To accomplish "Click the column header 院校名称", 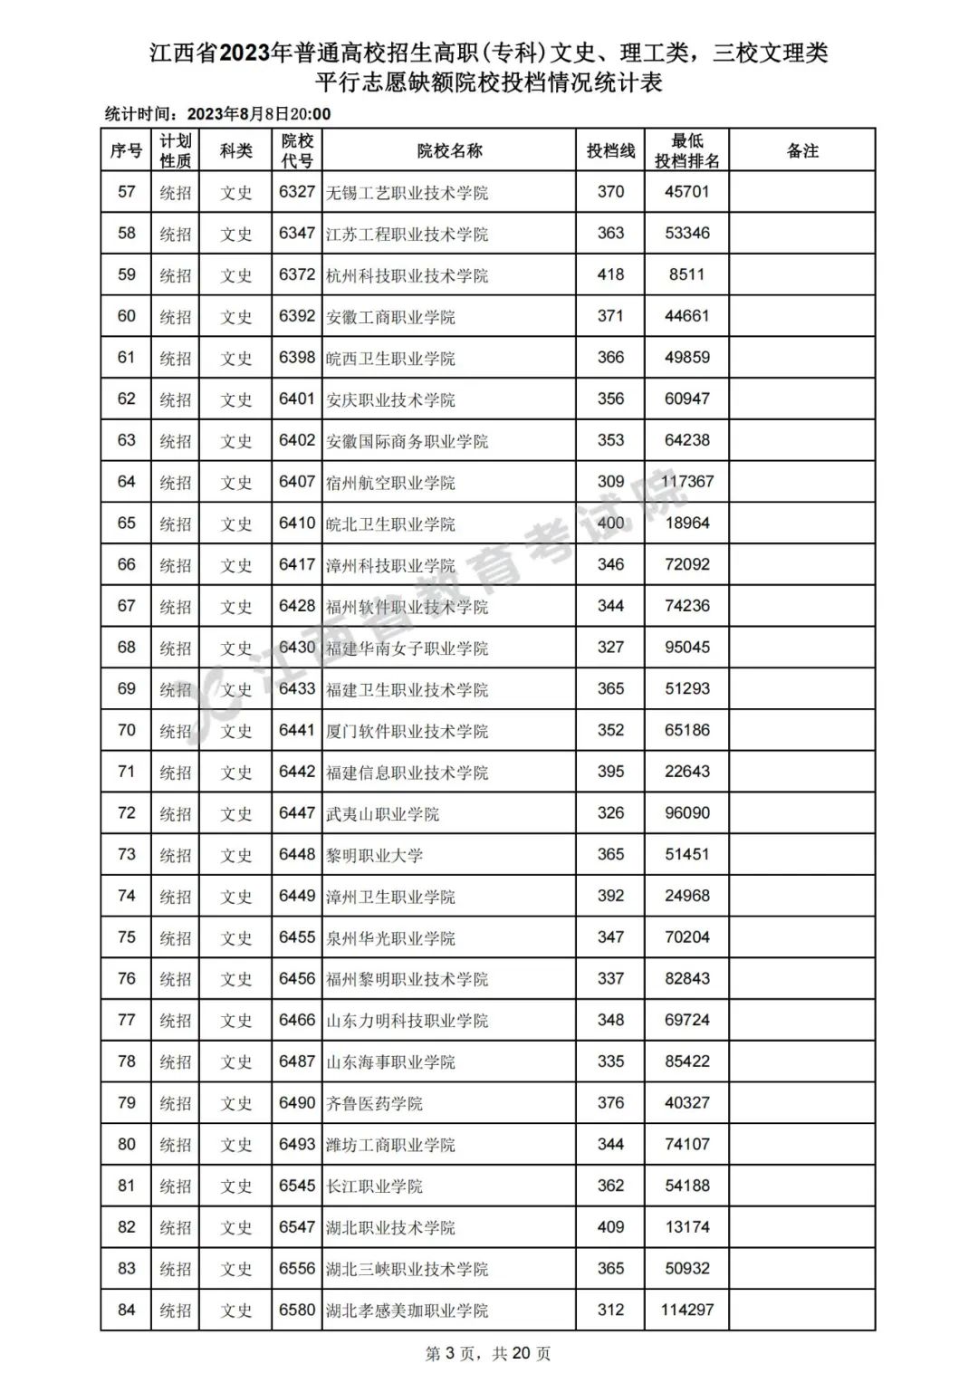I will (x=449, y=151).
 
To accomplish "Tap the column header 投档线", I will (x=610, y=151).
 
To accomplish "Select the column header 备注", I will (x=802, y=151).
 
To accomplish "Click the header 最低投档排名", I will (x=687, y=151).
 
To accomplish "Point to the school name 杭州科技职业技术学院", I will (x=407, y=275).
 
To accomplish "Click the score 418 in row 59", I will (x=610, y=274).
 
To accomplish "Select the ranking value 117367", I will (x=687, y=482).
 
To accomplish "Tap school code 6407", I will (x=297, y=482).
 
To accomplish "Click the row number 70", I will (x=127, y=730).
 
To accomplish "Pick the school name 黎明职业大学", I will (x=374, y=855).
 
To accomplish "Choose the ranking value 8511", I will (x=687, y=274).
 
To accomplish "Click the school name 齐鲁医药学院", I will (x=374, y=1103).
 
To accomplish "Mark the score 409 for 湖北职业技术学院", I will (x=610, y=1227).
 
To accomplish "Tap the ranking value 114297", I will (x=687, y=1310).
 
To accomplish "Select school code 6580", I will (x=297, y=1310).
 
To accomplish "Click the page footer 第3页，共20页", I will (x=488, y=1354).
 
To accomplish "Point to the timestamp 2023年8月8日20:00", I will (x=258, y=114).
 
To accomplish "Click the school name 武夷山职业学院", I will (x=382, y=813).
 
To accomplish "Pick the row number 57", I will (x=127, y=192).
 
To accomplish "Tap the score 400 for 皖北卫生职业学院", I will (x=610, y=523).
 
